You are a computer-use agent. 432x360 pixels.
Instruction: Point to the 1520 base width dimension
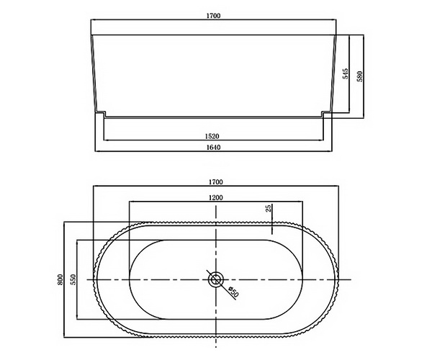tap(212, 135)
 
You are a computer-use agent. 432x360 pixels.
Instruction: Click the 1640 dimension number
tap(212, 148)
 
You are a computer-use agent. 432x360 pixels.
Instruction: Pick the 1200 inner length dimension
tap(216, 197)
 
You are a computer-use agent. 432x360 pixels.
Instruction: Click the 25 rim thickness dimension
tap(268, 209)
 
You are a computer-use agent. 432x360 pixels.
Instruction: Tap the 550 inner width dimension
tap(73, 278)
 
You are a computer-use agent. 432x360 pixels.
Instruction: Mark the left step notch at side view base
tap(101, 113)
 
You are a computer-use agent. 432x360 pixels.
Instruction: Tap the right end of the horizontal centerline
tap(349, 279)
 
